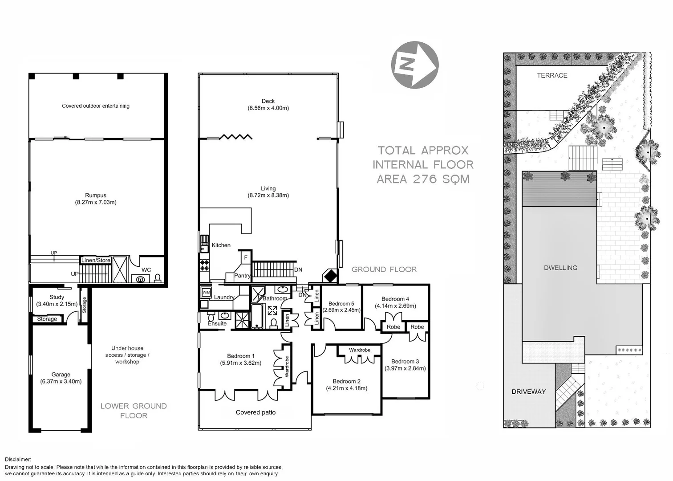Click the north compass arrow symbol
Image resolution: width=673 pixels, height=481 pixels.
[414, 65]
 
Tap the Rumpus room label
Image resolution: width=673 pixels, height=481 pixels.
[96, 195]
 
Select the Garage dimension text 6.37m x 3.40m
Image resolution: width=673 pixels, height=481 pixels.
[61, 382]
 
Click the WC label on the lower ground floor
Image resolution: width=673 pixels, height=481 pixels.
[146, 270]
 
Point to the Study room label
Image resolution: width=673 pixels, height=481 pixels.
[57, 297]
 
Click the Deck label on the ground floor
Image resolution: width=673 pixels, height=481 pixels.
[268, 101]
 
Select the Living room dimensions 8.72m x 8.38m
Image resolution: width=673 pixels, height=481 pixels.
[268, 196]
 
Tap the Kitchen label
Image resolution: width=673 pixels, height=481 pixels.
[221, 245]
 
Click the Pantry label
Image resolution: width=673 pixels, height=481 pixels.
[242, 276]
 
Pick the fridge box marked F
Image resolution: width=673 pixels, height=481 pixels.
[245, 257]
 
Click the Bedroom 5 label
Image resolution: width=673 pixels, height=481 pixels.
[341, 304]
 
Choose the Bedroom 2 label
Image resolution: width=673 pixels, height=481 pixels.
[346, 381]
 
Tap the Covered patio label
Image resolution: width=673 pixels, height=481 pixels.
[255, 412]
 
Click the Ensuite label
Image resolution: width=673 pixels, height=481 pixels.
[217, 323]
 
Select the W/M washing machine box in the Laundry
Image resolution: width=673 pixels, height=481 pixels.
[206, 292]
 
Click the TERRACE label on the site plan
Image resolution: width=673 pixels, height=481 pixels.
[552, 76]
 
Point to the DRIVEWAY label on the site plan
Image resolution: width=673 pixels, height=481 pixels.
[528, 392]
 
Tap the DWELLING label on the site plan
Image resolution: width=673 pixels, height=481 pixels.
[560, 268]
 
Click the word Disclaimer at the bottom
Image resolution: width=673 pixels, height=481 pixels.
[18, 459]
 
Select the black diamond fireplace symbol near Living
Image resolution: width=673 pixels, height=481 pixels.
[330, 276]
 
